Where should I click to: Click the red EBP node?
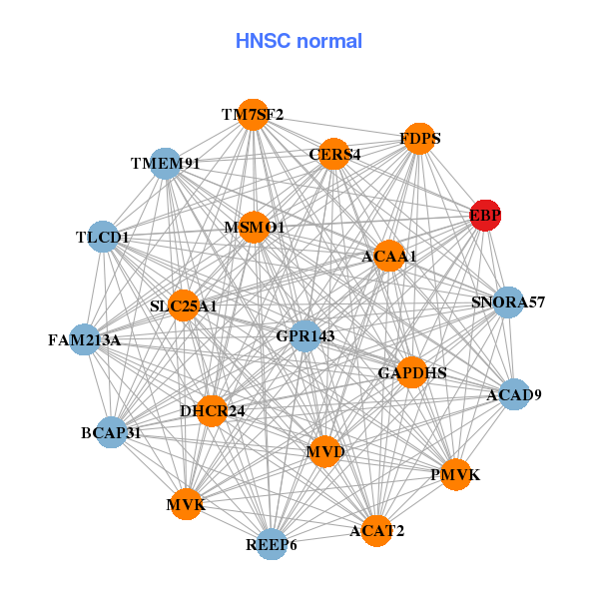485,215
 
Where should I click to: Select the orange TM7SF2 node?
254,115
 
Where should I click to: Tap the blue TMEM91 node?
166,163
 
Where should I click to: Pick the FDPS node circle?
419,138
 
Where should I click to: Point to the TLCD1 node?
104,237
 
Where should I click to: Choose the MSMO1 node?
254,228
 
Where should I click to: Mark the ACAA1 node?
388,257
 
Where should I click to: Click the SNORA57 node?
508,301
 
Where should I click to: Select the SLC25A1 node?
185,304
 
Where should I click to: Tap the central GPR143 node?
303,335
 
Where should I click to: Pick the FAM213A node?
85,340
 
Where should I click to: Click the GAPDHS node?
411,372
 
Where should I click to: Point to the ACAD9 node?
513,394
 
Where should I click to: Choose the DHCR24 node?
212,410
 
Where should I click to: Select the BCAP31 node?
111,432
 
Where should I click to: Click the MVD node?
324,452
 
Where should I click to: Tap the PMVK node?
454,474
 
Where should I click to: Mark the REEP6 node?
272,544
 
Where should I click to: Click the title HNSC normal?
299,41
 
